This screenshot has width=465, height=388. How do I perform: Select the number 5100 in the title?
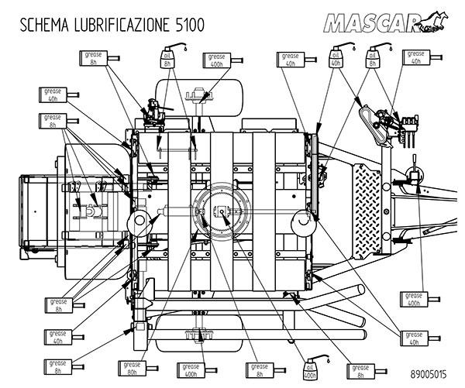[x=187, y=24]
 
